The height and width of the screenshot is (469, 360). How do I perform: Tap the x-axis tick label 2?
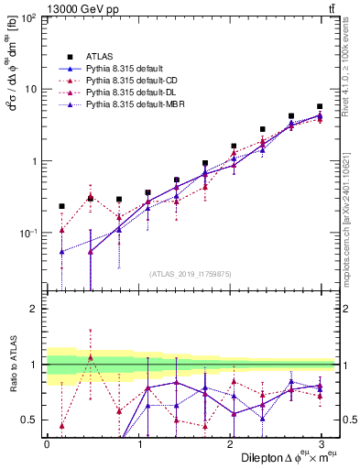(x=232, y=443)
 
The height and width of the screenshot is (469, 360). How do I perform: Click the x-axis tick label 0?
(x=47, y=443)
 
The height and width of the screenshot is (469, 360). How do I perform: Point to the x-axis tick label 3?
(x=324, y=443)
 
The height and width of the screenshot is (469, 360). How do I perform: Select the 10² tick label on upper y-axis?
(x=29, y=18)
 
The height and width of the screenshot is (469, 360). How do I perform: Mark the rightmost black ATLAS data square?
(x=320, y=107)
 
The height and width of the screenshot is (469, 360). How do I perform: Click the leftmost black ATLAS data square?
(x=61, y=207)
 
